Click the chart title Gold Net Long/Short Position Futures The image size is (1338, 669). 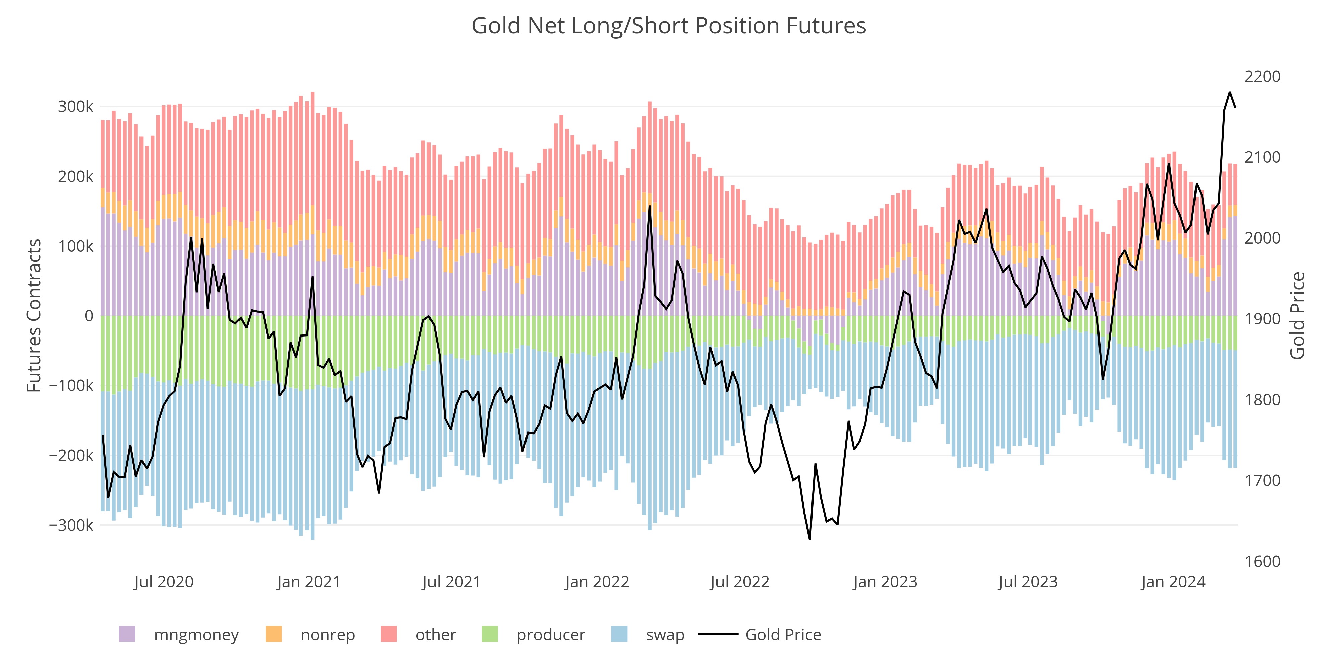pos(668,26)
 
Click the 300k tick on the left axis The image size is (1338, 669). pos(75,107)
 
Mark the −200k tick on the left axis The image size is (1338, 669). pos(71,456)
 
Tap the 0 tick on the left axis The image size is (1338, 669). pos(89,316)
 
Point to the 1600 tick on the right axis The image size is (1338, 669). pos(1262,562)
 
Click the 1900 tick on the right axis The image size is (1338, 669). pos(1262,319)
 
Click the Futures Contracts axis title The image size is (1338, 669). pos(34,316)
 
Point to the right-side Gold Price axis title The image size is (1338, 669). pos(1298,316)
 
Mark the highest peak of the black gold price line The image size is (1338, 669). pos(1229,92)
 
